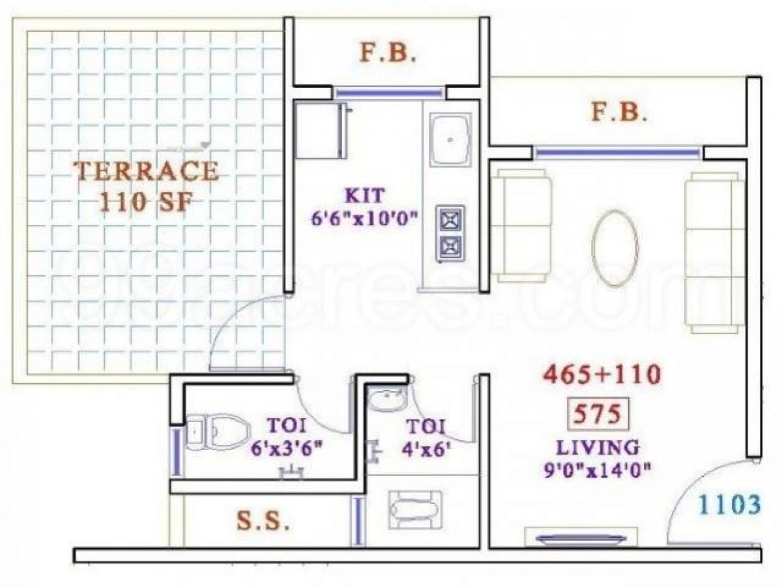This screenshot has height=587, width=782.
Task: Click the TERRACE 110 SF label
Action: [x=147, y=186]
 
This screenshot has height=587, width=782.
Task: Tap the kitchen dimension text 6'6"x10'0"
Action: [x=364, y=218]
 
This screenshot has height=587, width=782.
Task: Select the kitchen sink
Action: [x=450, y=140]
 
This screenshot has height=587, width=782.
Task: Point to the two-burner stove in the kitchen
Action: [x=450, y=234]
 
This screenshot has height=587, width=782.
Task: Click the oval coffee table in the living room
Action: [x=615, y=248]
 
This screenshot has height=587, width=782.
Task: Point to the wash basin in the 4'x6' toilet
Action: [x=387, y=400]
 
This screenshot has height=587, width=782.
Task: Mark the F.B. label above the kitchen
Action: [x=388, y=53]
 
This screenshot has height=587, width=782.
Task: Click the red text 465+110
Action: [x=602, y=374]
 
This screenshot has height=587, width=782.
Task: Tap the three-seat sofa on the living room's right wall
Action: [x=714, y=252]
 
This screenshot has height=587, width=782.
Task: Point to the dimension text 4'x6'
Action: [x=424, y=450]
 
